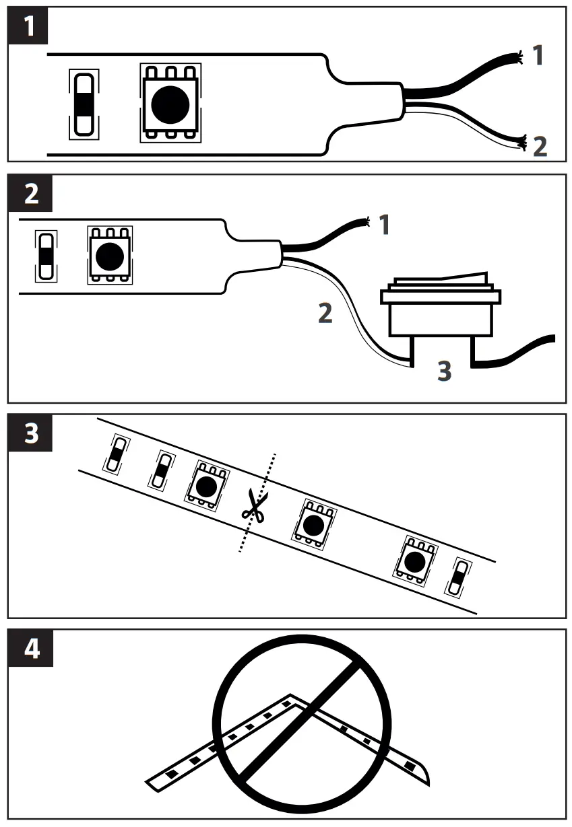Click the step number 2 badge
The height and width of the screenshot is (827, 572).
point(28,194)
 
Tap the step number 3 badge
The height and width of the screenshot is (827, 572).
point(28,433)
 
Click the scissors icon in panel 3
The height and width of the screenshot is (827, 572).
point(253,506)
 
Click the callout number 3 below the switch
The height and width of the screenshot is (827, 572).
point(443,370)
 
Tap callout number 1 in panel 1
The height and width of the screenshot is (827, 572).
point(537,56)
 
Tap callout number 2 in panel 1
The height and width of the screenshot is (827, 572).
point(540,146)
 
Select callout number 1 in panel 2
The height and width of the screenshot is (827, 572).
point(384,225)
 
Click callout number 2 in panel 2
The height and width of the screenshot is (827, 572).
point(325,313)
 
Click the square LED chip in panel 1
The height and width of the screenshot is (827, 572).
point(170,102)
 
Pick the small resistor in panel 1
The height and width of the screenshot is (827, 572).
point(84,103)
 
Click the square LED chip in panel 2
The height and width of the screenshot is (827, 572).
point(110,254)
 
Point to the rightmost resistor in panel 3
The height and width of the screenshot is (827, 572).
point(459,577)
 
